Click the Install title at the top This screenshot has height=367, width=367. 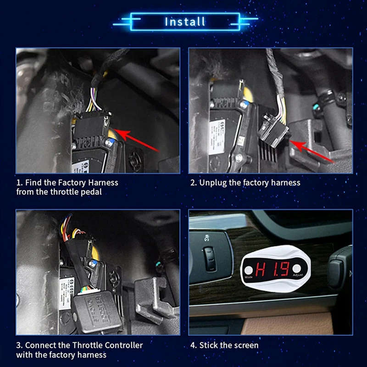coord(185,22)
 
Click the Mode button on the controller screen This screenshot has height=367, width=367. coord(249,270)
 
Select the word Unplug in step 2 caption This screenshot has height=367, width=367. coord(213,183)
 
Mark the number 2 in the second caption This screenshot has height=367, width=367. coord(193,183)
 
